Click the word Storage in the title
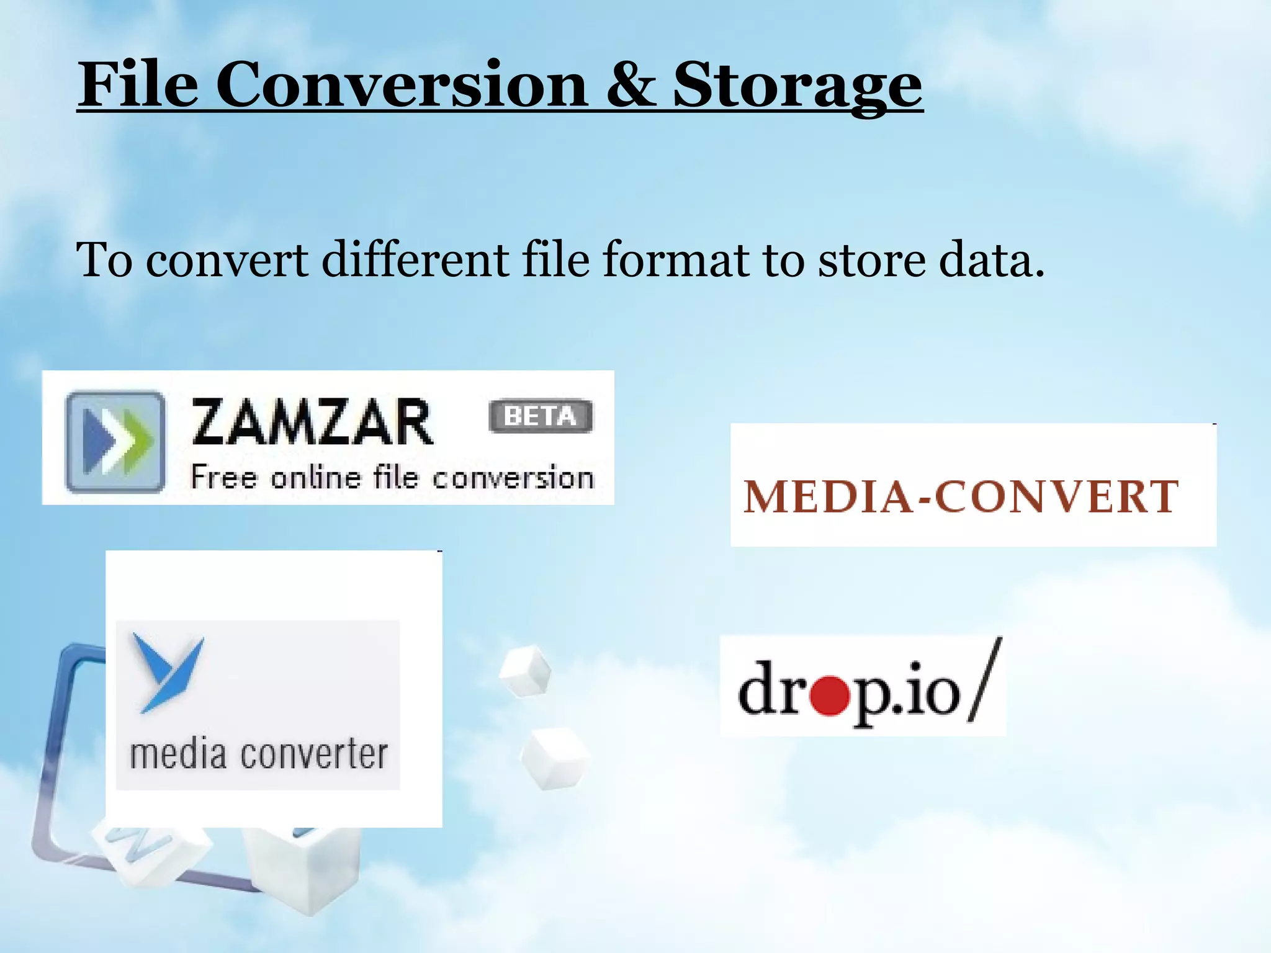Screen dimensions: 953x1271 797,87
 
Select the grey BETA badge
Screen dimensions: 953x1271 541,416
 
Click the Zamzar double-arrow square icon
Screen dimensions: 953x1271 116,441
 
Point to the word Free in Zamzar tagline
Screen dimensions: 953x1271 223,477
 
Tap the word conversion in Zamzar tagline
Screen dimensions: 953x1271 513,478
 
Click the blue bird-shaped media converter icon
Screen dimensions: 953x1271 167,673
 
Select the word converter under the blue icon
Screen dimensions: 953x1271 314,755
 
